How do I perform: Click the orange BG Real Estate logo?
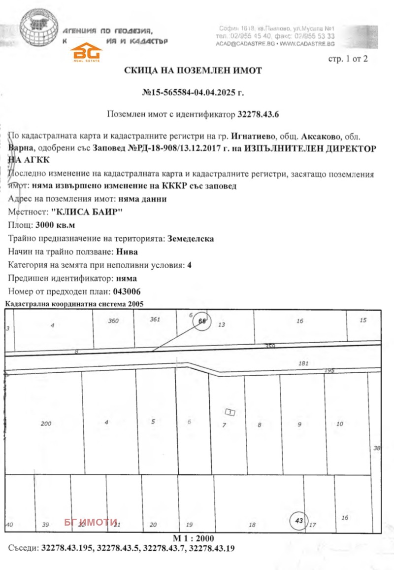(87, 52)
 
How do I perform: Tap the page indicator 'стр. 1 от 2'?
(348, 59)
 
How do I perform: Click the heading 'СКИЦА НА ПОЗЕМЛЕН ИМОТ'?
(193, 71)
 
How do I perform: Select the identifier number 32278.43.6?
(258, 114)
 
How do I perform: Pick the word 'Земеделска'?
(191, 239)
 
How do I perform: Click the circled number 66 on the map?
(201, 321)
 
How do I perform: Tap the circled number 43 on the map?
(298, 521)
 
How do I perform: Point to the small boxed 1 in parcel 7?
(230, 412)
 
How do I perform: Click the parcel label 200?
(46, 424)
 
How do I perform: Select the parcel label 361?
(155, 320)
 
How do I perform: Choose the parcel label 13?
(221, 324)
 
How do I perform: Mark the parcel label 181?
(303, 364)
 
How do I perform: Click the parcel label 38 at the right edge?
(377, 448)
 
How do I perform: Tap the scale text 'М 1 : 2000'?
(194, 538)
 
